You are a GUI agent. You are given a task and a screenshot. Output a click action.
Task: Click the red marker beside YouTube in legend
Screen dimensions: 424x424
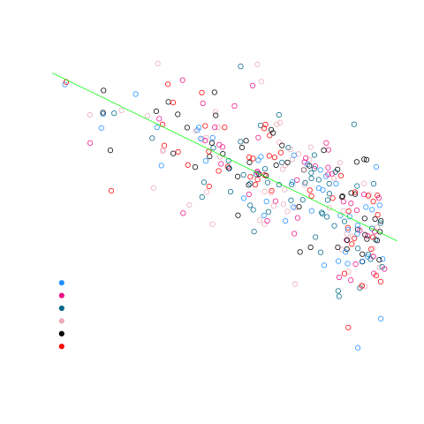[61, 346]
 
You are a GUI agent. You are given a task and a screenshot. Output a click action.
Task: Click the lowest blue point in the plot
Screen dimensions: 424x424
[358, 348]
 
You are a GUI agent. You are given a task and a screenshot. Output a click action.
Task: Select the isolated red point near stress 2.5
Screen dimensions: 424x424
[348, 328]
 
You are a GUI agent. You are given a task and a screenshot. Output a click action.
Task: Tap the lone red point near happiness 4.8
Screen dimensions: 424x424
[111, 190]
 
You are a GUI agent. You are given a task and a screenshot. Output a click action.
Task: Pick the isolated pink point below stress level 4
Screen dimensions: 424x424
[295, 284]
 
